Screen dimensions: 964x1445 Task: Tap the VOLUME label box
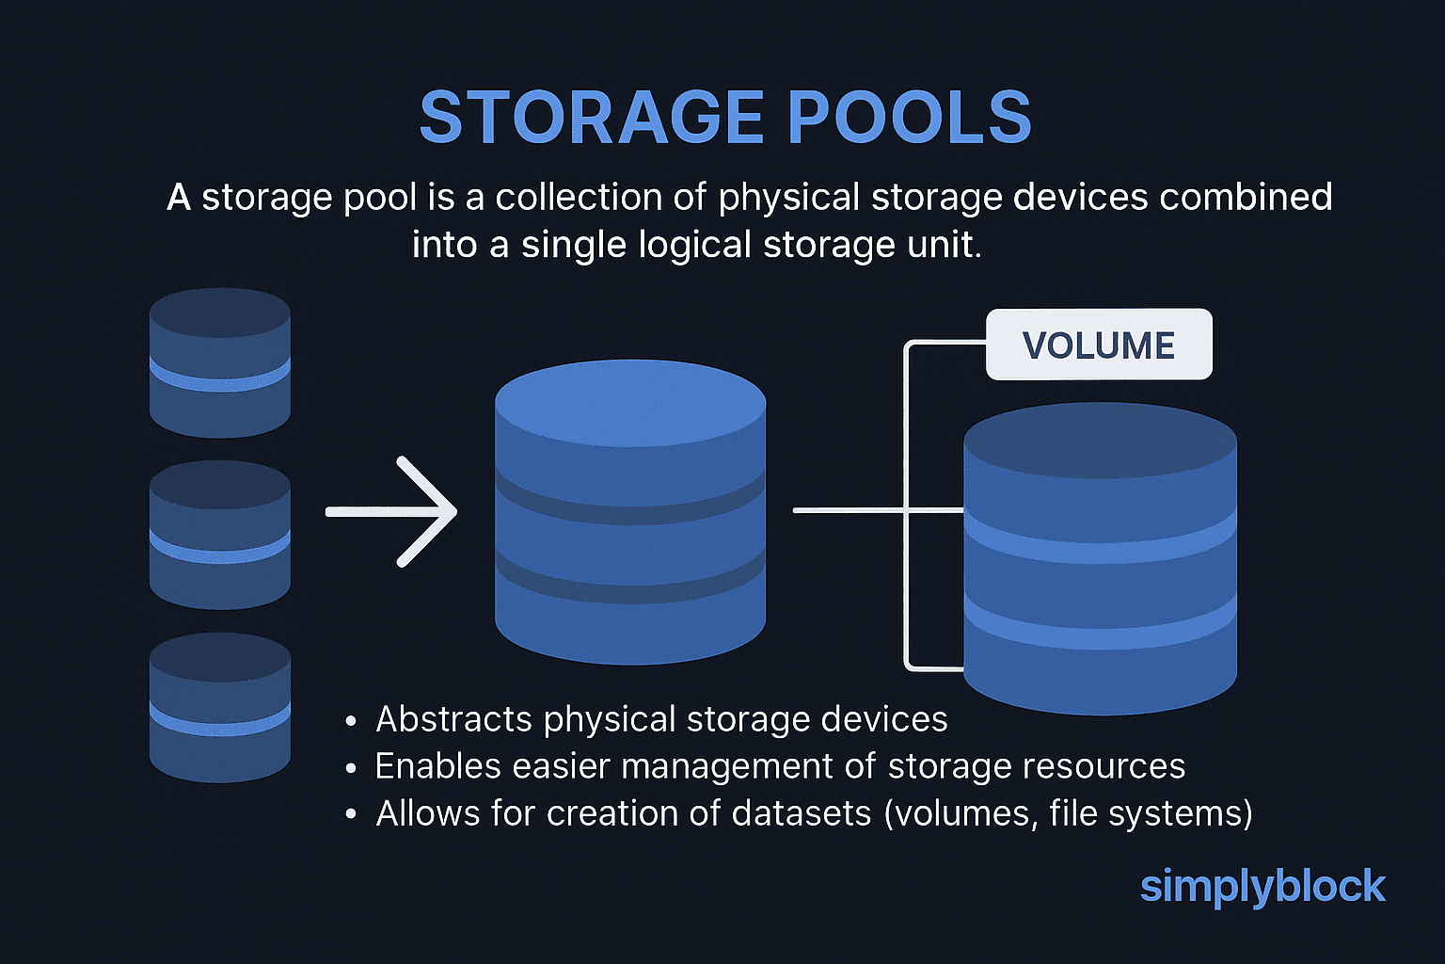coord(1099,345)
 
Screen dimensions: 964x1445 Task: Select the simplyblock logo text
coord(1262,887)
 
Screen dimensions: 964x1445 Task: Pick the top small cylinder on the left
coord(220,362)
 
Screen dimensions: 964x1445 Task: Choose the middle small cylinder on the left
coord(220,535)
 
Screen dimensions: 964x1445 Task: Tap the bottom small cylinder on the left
coord(220,707)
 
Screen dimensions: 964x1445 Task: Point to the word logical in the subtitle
coord(694,245)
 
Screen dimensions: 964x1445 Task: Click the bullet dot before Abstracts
coord(351,722)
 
